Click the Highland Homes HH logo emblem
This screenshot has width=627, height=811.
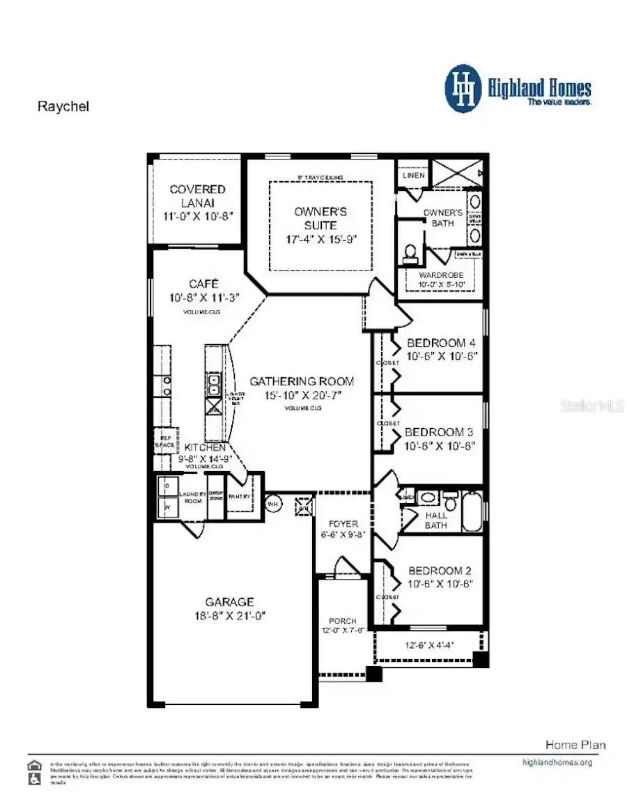point(463,89)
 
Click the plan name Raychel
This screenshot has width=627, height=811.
point(63,107)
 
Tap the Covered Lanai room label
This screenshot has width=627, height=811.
point(198,189)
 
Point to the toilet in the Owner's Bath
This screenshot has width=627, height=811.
point(410,252)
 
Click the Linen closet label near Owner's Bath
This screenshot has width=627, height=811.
point(413,176)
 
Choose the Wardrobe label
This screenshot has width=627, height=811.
point(440,275)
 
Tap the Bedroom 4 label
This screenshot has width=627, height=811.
point(441,343)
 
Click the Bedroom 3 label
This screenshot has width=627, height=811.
point(440,432)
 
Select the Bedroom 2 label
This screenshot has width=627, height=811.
point(441,570)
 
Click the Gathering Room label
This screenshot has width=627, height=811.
point(302,381)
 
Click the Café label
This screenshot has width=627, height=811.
point(203,284)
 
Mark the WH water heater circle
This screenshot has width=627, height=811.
point(273,503)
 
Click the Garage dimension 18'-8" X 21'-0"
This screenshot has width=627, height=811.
point(230,616)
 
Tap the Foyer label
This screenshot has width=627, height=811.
point(344,523)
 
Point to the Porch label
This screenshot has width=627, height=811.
point(343,621)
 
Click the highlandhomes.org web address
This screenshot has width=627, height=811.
point(557,762)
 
